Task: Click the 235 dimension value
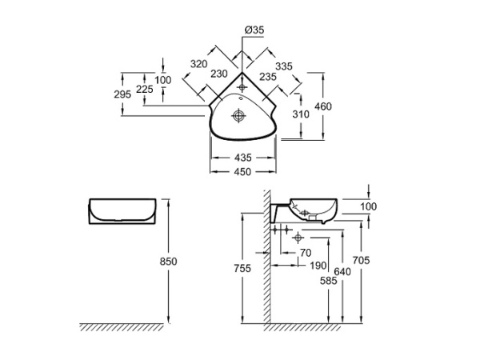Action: [x=269, y=77]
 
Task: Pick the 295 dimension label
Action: [x=122, y=95]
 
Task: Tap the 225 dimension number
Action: [x=145, y=90]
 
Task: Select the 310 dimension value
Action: [x=301, y=114]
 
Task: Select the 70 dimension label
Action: [x=305, y=253]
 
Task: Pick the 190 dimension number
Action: [x=318, y=265]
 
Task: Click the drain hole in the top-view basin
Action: [x=238, y=117]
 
